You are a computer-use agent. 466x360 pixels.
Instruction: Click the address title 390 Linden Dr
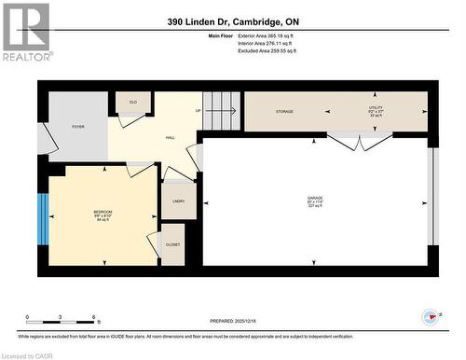click(x=233, y=21)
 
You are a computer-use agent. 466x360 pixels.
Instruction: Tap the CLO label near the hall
click(x=132, y=102)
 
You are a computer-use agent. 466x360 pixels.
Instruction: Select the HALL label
click(x=171, y=138)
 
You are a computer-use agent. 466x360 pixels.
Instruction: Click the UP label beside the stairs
click(x=198, y=111)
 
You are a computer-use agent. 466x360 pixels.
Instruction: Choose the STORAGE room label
click(x=284, y=112)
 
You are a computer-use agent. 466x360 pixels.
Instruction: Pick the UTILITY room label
click(x=376, y=111)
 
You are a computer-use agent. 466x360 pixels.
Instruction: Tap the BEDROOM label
click(x=103, y=214)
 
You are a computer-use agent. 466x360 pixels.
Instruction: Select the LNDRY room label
click(x=178, y=201)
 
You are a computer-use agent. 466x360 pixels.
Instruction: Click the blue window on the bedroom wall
click(x=41, y=215)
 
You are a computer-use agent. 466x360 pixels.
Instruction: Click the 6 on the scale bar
click(x=93, y=317)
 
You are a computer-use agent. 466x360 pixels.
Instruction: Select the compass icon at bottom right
click(x=430, y=317)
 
